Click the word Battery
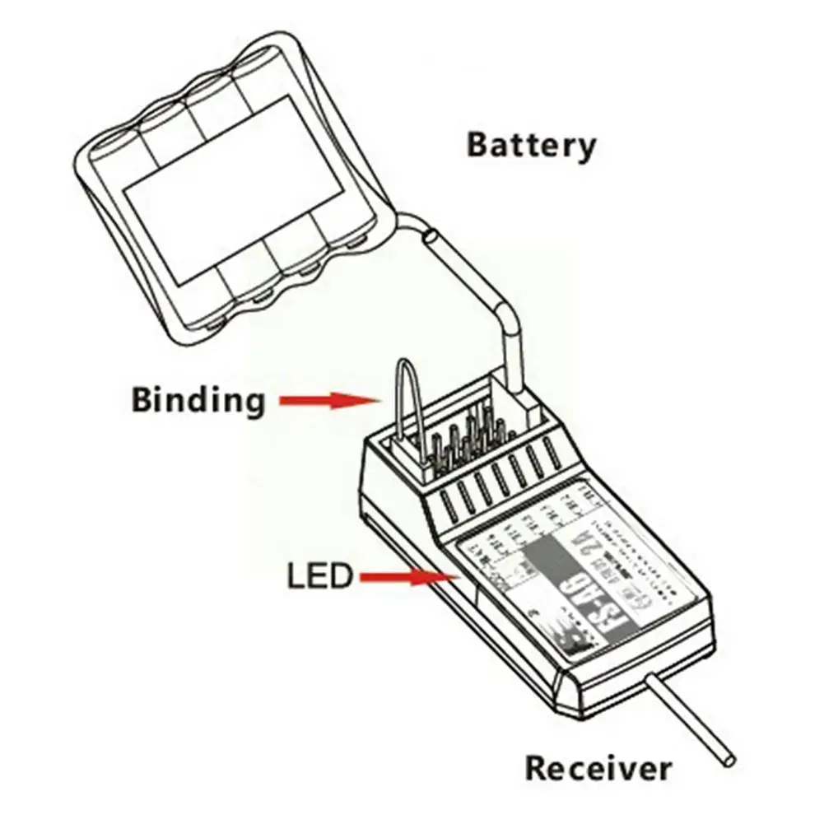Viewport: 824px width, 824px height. click(x=531, y=145)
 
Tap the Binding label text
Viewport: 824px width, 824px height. click(x=198, y=401)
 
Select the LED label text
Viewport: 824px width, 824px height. click(x=319, y=575)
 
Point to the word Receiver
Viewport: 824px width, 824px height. click(x=598, y=768)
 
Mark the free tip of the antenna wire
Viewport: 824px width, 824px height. click(x=727, y=758)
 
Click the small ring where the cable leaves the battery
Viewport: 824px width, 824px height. click(x=430, y=237)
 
